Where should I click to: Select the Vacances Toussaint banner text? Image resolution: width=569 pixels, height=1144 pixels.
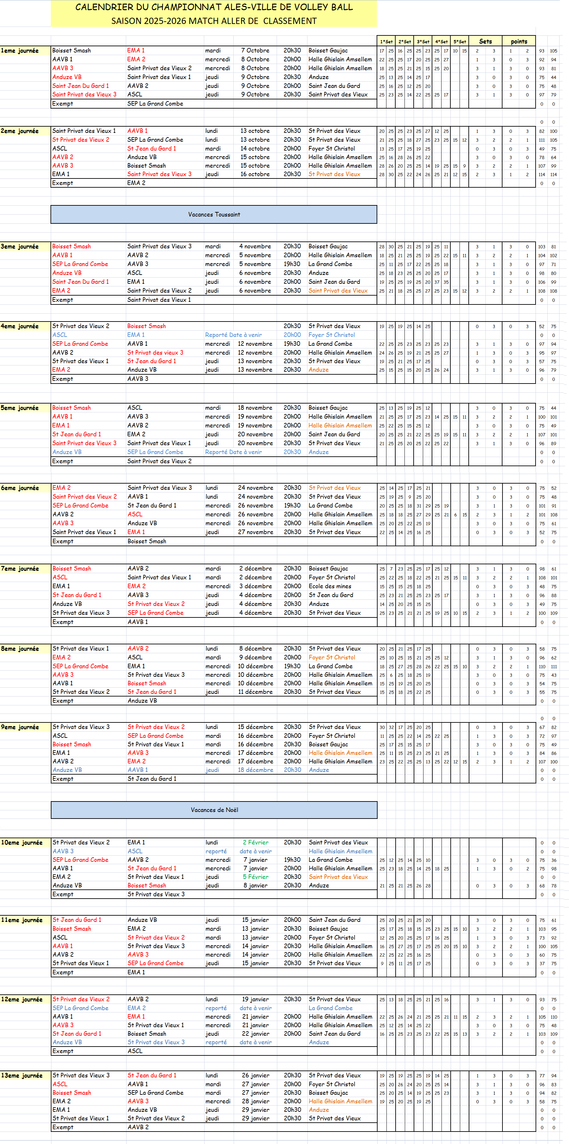point(214,215)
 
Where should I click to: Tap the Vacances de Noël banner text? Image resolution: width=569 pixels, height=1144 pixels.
point(214,810)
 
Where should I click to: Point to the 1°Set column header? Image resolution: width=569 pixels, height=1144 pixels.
point(386,41)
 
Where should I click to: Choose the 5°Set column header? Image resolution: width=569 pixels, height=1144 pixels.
point(460,41)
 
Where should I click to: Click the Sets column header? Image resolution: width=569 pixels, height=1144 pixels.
point(485,41)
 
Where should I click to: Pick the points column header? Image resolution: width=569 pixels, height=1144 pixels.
point(519,41)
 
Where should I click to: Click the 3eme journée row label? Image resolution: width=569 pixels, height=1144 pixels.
point(20,246)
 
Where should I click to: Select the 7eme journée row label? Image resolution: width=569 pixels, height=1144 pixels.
point(20,569)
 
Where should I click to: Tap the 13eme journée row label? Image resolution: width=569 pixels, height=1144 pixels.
point(22,1075)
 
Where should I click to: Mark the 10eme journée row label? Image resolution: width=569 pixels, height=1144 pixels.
point(22,842)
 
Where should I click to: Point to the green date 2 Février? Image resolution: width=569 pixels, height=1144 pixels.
point(255,842)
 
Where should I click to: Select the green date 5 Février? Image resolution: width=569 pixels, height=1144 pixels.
point(255,877)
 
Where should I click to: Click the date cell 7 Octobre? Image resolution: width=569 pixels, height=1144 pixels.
point(255,51)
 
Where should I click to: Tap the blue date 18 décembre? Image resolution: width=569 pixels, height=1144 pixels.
point(255,770)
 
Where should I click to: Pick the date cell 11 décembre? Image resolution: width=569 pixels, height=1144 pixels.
point(255,692)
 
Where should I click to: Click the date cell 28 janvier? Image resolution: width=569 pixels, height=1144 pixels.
point(255,1101)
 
